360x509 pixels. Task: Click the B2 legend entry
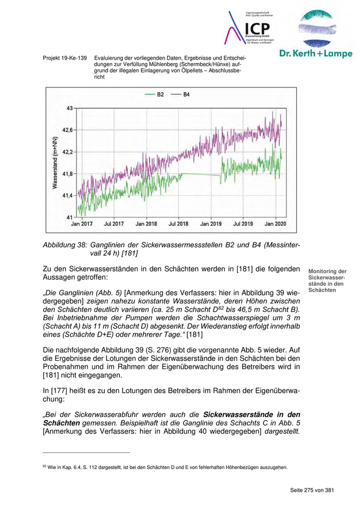click(155, 95)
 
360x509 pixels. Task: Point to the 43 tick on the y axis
click(69, 108)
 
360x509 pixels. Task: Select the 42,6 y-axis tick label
click(67, 130)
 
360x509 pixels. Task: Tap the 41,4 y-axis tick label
click(67, 196)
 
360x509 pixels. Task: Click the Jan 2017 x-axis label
click(82, 224)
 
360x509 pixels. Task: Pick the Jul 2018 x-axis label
click(178, 224)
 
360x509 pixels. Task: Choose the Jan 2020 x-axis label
click(275, 224)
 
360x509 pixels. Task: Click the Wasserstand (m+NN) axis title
click(54, 163)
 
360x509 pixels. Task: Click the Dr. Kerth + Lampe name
click(316, 53)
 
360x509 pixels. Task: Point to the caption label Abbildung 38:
click(65, 245)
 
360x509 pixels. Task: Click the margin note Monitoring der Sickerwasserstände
click(327, 281)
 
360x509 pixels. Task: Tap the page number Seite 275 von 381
click(312, 490)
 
